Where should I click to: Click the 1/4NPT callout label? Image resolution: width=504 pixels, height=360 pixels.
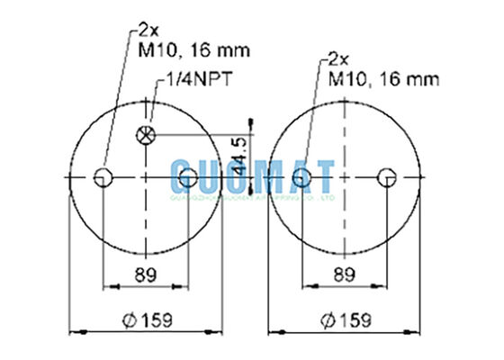point(198,80)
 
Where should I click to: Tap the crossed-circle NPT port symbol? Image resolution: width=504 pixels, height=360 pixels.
point(145,136)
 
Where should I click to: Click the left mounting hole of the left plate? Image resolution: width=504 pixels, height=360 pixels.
point(104,176)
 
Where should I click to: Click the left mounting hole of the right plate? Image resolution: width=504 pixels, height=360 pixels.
point(306,176)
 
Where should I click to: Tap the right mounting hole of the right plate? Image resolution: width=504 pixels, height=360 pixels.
point(388,176)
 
